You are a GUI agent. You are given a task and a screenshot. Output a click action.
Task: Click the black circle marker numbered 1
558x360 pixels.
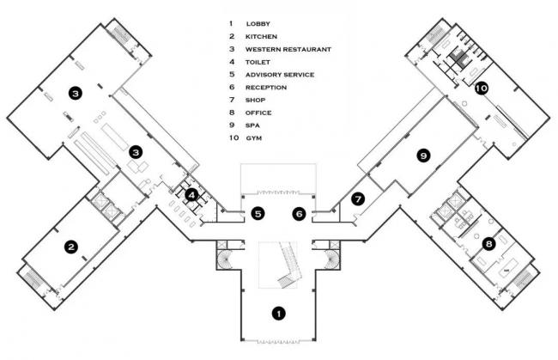click(277, 314)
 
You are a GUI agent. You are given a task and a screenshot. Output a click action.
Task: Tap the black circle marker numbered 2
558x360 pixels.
click(72, 247)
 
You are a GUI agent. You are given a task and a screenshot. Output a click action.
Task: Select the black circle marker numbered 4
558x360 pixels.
click(192, 195)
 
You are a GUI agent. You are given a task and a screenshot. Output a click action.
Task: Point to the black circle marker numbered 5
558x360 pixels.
click(257, 213)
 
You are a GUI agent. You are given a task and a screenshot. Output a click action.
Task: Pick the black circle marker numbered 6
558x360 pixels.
click(299, 213)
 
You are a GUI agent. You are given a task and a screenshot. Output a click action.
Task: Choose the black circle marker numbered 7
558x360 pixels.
click(359, 198)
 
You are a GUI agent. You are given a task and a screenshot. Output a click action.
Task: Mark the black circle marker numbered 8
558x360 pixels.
click(488, 243)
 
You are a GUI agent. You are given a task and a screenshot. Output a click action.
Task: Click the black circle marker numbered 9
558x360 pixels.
click(422, 156)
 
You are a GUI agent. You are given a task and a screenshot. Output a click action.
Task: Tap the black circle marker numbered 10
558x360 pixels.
click(481, 88)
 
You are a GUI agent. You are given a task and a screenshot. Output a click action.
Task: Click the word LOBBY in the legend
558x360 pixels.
click(258, 23)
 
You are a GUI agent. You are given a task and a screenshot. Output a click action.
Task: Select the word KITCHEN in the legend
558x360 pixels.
click(261, 36)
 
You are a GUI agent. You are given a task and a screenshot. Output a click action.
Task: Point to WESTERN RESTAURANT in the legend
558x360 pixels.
click(283, 49)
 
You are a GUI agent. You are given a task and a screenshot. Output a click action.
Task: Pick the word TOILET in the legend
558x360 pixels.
click(258, 62)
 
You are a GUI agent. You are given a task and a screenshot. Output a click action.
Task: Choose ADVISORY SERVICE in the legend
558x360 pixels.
click(280, 75)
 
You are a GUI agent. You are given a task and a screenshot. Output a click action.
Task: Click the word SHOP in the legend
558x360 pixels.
click(255, 100)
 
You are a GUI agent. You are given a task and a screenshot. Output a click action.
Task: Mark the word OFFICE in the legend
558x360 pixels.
click(258, 113)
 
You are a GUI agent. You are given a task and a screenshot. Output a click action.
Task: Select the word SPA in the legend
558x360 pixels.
click(252, 125)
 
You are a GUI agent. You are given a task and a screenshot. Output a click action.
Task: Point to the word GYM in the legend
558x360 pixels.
click(253, 137)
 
